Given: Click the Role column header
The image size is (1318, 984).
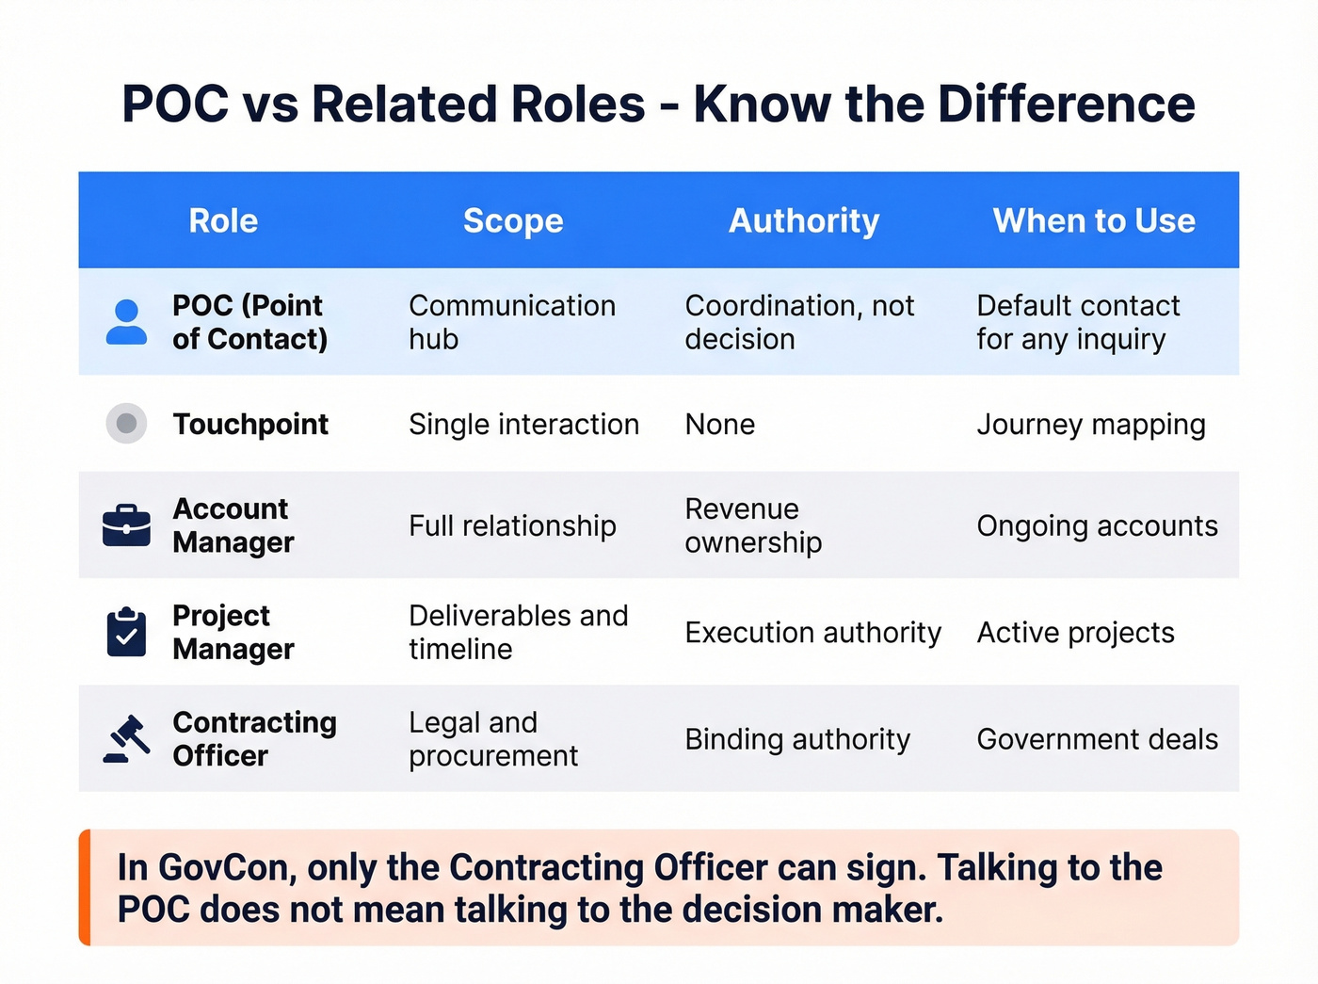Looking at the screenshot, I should [223, 221].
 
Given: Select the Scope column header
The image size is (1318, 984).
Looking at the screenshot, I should [513, 221].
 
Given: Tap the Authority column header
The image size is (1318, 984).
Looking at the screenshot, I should [804, 221].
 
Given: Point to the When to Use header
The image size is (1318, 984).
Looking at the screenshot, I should [1094, 221].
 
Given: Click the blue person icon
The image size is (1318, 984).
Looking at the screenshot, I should [126, 322].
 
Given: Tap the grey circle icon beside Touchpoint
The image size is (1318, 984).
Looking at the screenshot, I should [126, 424].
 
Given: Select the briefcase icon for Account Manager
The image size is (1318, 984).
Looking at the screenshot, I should [126, 525].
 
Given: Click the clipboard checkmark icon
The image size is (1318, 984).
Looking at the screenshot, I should [126, 632].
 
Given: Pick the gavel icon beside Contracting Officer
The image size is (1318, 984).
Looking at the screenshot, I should [127, 739].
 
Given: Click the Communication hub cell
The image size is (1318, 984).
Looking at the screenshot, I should [512, 322].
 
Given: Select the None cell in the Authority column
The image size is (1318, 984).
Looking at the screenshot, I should [720, 425].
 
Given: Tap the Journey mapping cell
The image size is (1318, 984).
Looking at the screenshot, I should [1091, 425].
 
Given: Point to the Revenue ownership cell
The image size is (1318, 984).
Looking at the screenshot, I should [753, 525].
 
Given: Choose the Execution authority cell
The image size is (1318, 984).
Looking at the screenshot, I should [812, 633].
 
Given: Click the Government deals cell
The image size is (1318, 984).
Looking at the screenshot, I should [1098, 739].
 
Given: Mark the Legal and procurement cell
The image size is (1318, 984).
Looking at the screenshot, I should [493, 739].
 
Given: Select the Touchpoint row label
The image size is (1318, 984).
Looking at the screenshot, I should [250, 425].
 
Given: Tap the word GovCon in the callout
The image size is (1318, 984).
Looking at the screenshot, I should [225, 867].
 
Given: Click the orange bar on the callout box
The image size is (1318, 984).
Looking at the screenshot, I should [85, 887].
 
